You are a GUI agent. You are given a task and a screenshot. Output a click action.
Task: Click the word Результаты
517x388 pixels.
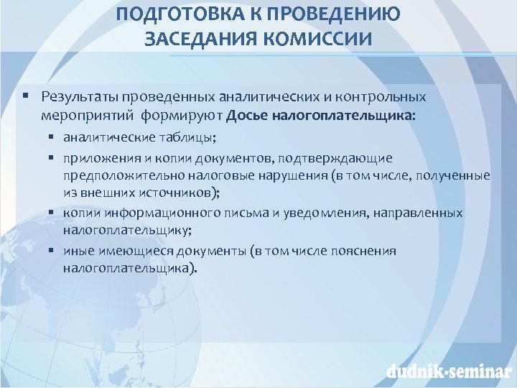(x=79, y=96)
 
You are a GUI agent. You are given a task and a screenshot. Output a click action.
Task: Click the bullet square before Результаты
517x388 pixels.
(x=25, y=96)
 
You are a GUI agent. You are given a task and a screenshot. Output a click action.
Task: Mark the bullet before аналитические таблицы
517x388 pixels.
(x=53, y=136)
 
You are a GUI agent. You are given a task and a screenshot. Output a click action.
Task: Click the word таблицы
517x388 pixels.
(x=165, y=136)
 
